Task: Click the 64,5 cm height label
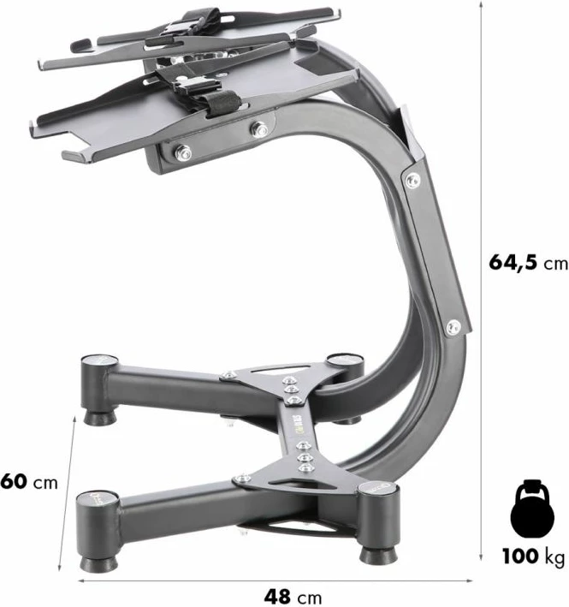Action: click(x=528, y=263)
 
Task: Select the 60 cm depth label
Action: click(x=28, y=482)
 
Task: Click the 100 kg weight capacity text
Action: click(x=533, y=556)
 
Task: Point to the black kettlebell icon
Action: click(x=532, y=509)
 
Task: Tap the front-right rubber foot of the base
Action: click(x=378, y=556)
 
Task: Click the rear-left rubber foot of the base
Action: click(x=100, y=418)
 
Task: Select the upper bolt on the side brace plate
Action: click(x=412, y=180)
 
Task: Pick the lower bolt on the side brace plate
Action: click(x=453, y=328)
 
